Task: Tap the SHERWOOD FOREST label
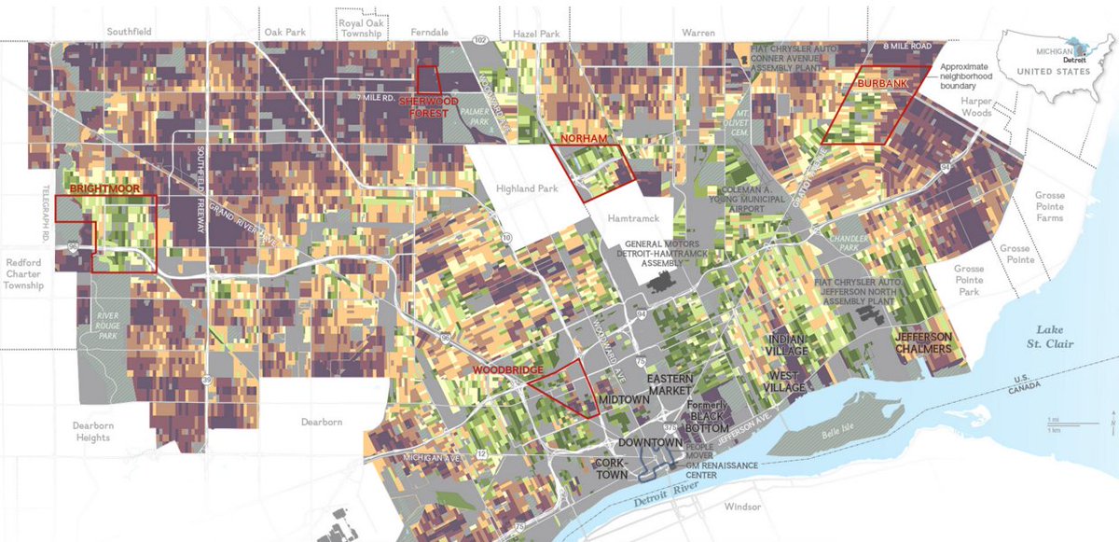point(430,107)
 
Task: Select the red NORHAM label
point(584,139)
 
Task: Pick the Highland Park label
point(527,188)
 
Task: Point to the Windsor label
point(741,507)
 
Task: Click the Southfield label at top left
point(129,31)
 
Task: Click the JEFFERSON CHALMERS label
point(923,342)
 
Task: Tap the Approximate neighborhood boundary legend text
point(976,78)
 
